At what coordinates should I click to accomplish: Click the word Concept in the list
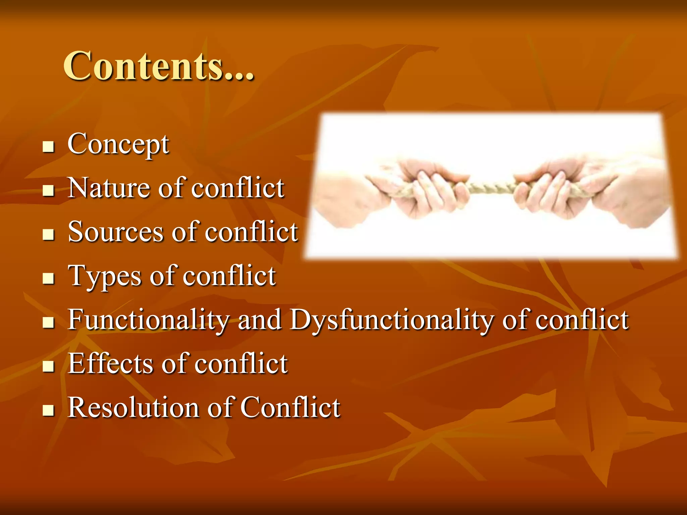(x=118, y=144)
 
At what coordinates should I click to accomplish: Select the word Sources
(x=116, y=232)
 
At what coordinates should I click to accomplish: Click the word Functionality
(x=148, y=320)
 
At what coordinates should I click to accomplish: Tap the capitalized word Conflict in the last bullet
(x=290, y=408)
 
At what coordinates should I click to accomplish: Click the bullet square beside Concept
(x=49, y=147)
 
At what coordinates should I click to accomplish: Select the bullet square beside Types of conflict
(x=49, y=278)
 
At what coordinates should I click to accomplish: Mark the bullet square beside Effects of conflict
(x=49, y=366)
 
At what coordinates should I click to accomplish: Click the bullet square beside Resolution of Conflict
(x=49, y=410)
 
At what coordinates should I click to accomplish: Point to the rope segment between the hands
(x=491, y=188)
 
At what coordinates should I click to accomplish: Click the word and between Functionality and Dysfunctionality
(x=259, y=320)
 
